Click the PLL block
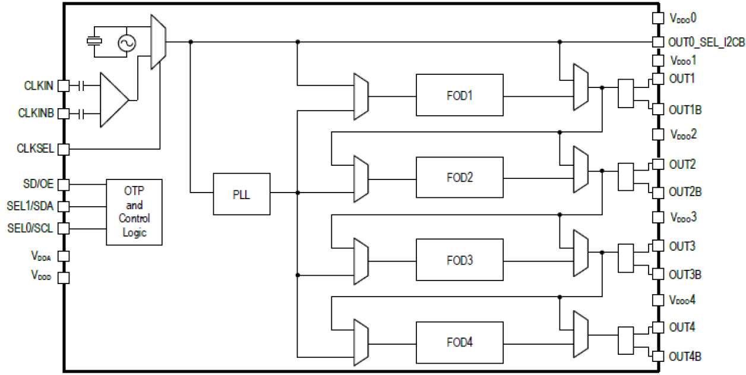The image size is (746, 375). click(x=241, y=194)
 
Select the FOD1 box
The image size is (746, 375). click(x=459, y=95)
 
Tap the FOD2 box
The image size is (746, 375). click(x=459, y=178)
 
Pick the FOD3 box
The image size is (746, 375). click(x=459, y=260)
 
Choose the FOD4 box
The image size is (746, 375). click(x=459, y=343)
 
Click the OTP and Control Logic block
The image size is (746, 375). click(x=134, y=212)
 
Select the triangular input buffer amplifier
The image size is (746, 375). click(x=113, y=99)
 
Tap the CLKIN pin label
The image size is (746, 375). click(x=39, y=86)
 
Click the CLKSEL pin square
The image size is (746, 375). click(x=64, y=149)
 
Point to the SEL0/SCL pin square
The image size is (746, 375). click(x=64, y=228)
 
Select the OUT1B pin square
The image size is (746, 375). click(x=658, y=109)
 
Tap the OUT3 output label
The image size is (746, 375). click(x=682, y=246)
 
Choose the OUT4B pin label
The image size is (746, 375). click(x=685, y=357)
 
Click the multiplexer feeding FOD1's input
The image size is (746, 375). click(x=361, y=96)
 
